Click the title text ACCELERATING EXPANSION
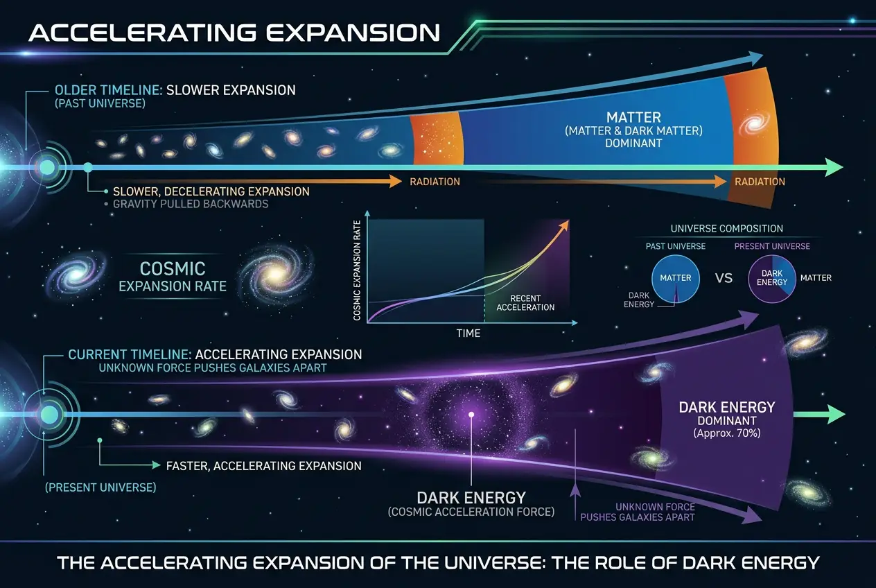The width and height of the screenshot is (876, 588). (x=234, y=33)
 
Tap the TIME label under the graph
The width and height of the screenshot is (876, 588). (x=468, y=334)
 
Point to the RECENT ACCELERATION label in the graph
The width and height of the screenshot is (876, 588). (x=525, y=303)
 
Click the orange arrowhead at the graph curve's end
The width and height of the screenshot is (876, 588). (x=566, y=224)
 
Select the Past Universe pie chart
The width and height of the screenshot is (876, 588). (x=675, y=279)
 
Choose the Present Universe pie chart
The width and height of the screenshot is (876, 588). (x=772, y=279)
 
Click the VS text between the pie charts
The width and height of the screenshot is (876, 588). (x=724, y=278)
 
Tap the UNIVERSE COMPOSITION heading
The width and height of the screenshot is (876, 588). (x=726, y=229)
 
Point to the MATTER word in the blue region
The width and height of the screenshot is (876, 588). (x=633, y=117)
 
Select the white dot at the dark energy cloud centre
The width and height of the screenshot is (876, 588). (x=471, y=415)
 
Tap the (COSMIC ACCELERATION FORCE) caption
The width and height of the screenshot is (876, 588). (x=471, y=512)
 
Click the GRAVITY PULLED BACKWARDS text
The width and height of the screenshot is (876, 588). (x=191, y=204)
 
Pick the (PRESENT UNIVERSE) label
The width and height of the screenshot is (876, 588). (x=100, y=487)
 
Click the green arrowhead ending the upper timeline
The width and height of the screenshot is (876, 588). (x=834, y=167)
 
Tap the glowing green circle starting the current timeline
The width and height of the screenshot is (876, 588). (x=49, y=414)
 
